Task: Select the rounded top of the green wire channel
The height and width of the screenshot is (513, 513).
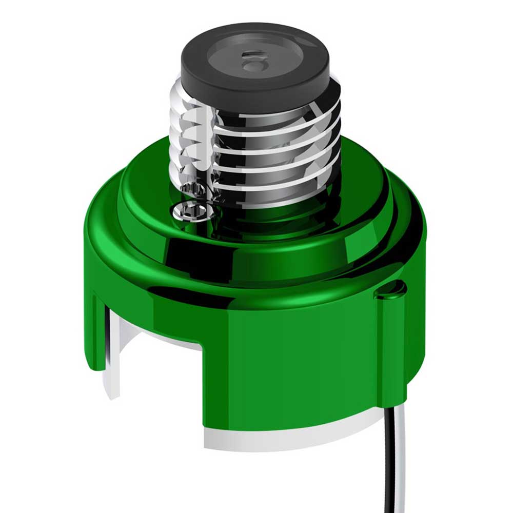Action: (391, 290)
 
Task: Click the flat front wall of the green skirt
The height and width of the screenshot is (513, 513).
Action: (287, 369)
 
